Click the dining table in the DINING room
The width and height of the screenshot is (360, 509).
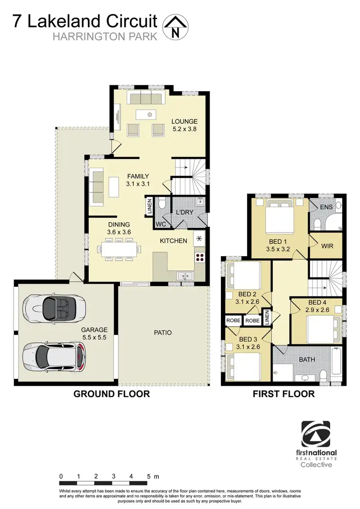click(x=121, y=249)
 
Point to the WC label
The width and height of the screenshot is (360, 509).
click(x=160, y=224)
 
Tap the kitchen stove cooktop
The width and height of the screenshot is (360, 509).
click(x=199, y=257)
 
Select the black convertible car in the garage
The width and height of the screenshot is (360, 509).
click(x=57, y=305)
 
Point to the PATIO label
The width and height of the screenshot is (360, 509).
click(x=163, y=332)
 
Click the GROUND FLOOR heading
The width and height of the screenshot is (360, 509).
click(x=111, y=394)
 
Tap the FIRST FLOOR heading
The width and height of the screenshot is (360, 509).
click(x=283, y=394)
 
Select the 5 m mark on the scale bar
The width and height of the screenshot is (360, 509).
click(x=149, y=476)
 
